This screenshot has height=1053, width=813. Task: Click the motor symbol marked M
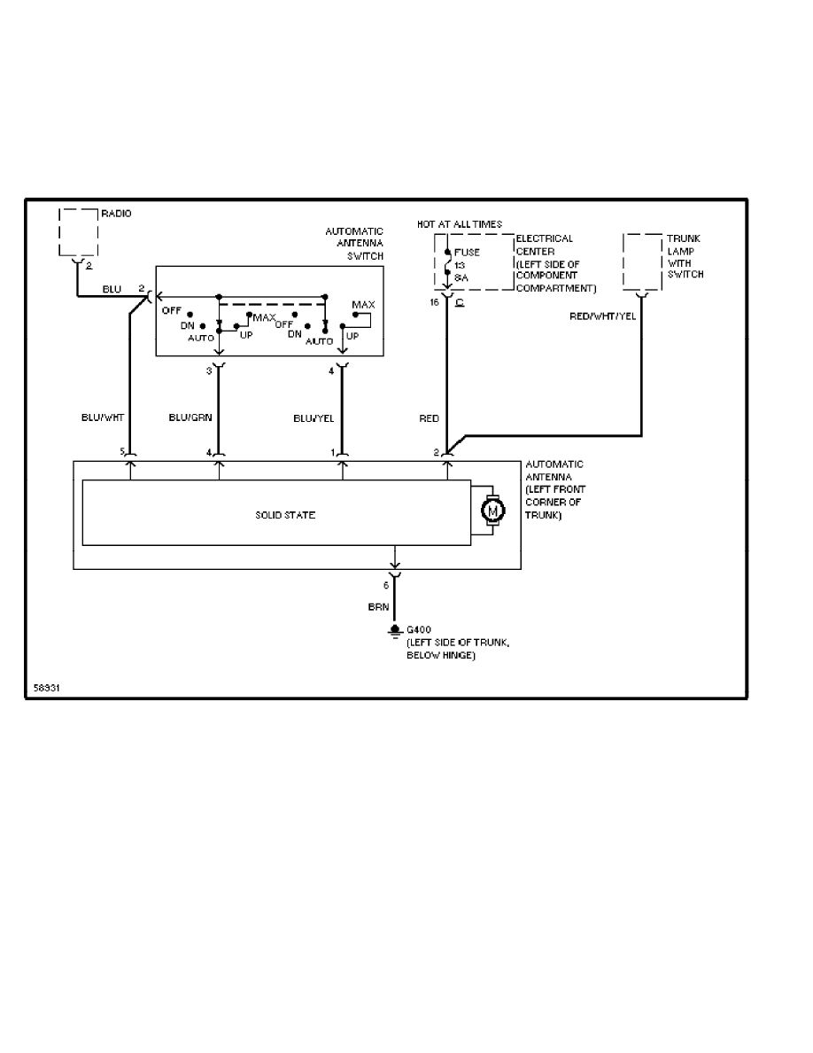point(491,510)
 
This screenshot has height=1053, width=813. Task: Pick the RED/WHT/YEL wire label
point(602,316)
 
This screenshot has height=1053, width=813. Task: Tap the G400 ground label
point(418,631)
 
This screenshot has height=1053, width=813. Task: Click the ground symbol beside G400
point(395,631)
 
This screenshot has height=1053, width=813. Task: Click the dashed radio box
point(78,232)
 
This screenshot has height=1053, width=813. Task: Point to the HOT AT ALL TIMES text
point(460,224)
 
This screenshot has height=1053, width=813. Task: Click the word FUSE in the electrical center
point(467,253)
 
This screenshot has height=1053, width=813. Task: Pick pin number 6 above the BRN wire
point(385,585)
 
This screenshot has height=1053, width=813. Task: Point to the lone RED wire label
point(428,417)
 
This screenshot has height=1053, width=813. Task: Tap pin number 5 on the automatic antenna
point(123,453)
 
